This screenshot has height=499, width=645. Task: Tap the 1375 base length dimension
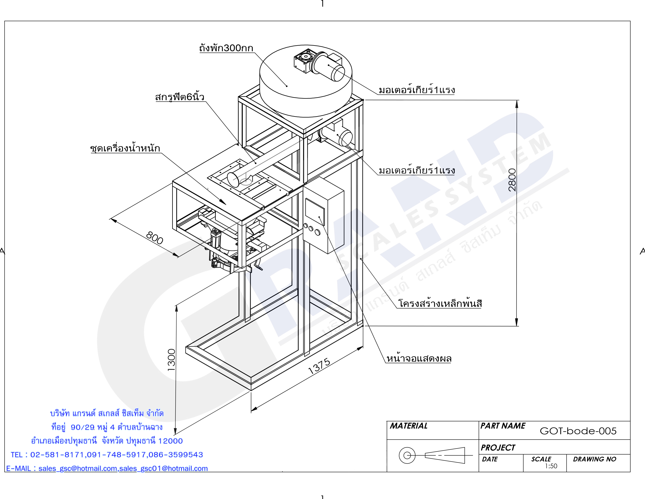coord(319,366)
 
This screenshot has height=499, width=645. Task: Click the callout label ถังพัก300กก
coord(226,48)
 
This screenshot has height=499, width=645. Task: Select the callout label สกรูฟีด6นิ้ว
coord(180,97)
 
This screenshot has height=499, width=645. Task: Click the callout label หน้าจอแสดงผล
coord(419,358)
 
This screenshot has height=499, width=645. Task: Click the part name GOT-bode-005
coord(578,431)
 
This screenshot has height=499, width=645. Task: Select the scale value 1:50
coord(551,466)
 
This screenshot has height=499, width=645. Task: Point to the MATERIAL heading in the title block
coord(408,426)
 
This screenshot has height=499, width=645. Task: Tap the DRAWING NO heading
coord(595,459)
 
